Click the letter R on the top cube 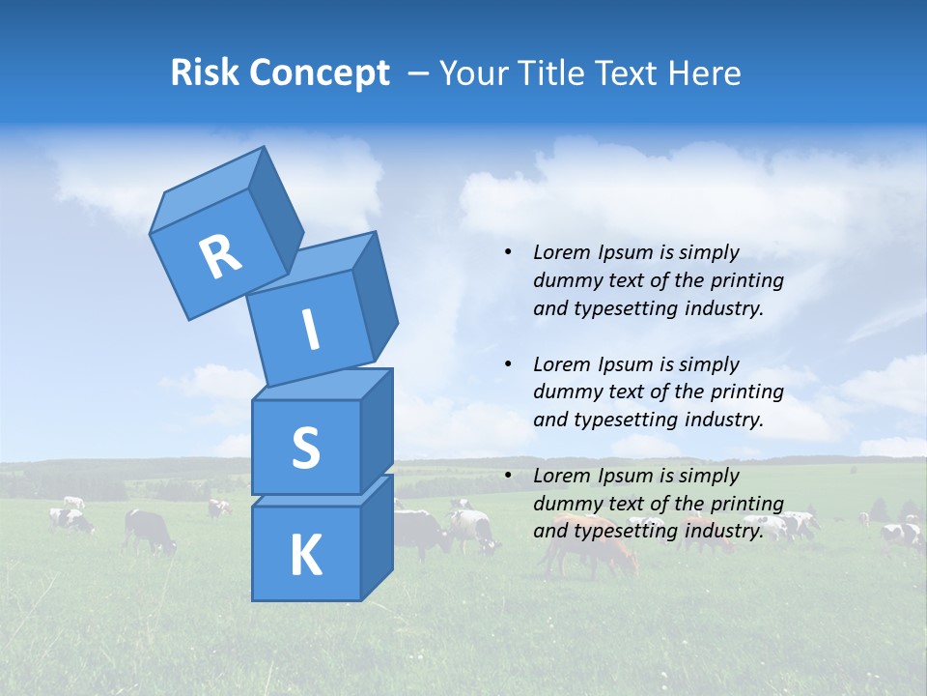219,256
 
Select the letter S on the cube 305,448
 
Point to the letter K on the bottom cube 305,556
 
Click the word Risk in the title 206,72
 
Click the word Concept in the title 321,73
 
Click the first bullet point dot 508,252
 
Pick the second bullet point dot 508,364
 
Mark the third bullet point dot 508,476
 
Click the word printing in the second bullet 749,391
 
